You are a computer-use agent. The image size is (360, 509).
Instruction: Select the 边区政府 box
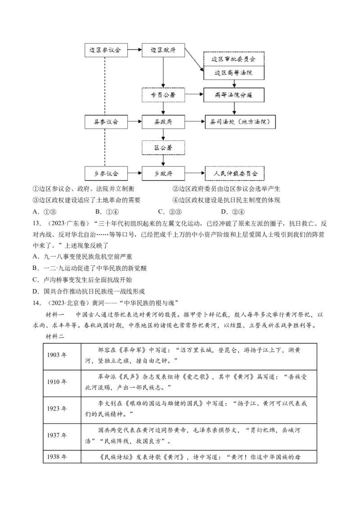pos(162,50)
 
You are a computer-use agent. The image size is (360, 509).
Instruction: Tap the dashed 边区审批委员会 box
pos(234,59)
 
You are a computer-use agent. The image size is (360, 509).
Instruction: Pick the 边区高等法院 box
pos(234,73)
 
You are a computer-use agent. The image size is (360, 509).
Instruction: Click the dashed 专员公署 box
pos(162,95)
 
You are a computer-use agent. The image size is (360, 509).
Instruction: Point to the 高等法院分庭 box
pos(234,95)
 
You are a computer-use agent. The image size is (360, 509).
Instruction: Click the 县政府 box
pos(162,121)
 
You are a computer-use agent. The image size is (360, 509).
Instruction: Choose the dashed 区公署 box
pos(162,147)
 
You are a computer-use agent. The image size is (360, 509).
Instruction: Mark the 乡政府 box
pos(162,173)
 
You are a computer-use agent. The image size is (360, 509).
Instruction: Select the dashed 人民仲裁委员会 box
pos(234,173)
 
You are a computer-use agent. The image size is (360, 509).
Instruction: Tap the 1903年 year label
pos(57,355)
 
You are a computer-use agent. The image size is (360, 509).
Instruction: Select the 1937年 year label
pos(57,435)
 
